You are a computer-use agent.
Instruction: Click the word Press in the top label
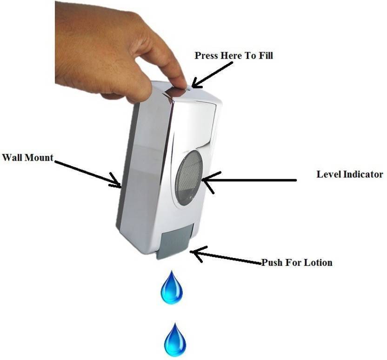tap(207, 55)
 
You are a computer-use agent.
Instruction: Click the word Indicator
tap(363, 174)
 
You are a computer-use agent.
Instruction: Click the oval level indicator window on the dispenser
tap(188, 178)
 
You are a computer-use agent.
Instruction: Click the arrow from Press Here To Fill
tap(212, 75)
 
